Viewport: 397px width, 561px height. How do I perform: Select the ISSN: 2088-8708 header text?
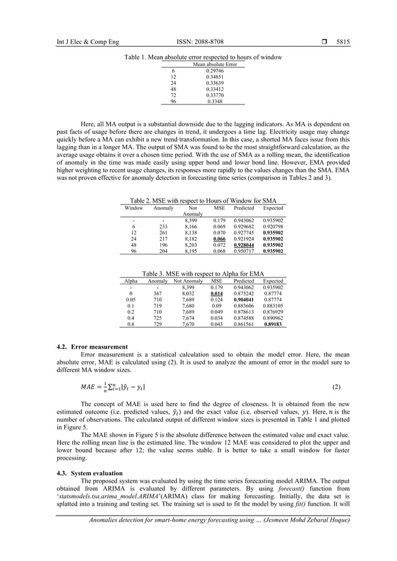198,42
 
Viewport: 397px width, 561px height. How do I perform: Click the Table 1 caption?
203,57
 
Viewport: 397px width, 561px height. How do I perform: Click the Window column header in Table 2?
134,208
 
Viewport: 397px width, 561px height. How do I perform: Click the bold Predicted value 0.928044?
243,246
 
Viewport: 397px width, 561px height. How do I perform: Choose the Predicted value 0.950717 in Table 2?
243,251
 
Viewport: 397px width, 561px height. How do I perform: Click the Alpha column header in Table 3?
131,281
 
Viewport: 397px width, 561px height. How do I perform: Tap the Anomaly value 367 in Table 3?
157,293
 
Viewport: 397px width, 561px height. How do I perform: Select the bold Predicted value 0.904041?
243,299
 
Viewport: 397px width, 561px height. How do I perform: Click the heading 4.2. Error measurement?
92,346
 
